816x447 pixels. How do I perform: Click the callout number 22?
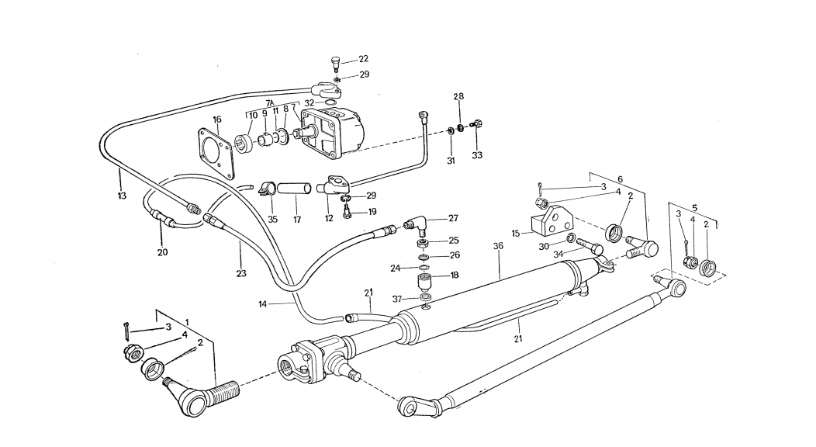click(363, 59)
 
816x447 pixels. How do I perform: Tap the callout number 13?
click(122, 196)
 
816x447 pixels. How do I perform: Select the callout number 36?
click(498, 246)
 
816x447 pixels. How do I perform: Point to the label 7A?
click(271, 102)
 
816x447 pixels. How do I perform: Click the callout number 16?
click(217, 120)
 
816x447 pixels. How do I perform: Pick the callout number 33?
click(477, 155)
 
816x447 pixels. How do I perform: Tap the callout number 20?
click(162, 252)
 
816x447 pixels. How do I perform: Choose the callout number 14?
click(262, 304)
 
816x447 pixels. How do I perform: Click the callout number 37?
click(397, 299)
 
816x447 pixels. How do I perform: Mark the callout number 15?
click(516, 234)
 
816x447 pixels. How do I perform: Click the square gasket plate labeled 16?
click(216, 152)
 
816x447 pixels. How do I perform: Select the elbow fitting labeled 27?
click(416, 226)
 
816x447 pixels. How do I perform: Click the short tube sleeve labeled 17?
click(294, 189)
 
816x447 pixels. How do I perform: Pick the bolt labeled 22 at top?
click(335, 65)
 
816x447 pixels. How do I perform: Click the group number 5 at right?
click(693, 208)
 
